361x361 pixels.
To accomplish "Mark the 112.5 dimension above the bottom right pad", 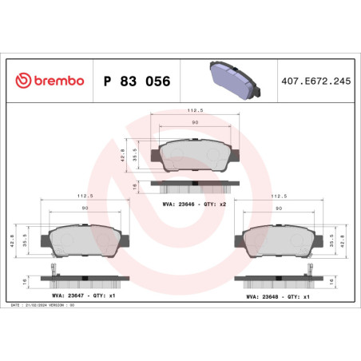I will pos(280,195).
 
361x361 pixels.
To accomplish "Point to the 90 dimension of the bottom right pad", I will pos(280,208).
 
